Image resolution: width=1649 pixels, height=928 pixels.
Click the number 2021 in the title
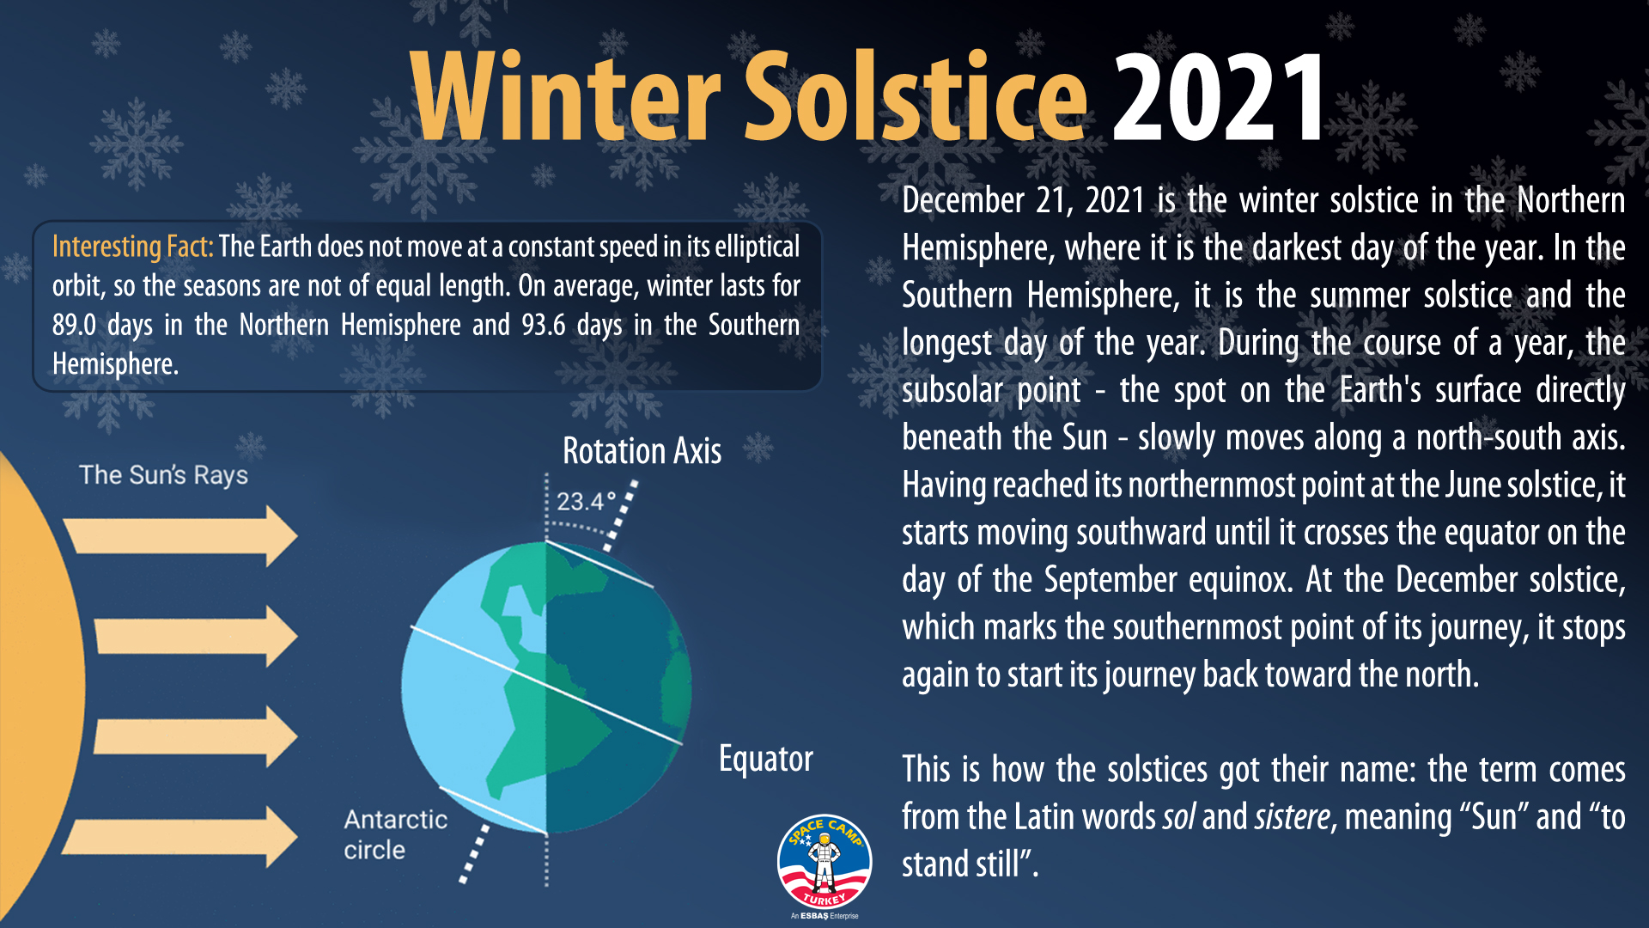1220,96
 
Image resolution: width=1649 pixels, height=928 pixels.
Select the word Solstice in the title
916,96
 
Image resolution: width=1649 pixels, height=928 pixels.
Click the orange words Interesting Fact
132,247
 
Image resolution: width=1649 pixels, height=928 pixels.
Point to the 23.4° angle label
586,501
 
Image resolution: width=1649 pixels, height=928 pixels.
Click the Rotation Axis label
642,451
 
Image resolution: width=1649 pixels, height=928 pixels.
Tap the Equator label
765,759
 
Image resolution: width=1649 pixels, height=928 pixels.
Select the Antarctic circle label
395,834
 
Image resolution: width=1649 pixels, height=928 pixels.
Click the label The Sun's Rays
163,475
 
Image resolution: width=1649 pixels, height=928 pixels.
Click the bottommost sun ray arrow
180,836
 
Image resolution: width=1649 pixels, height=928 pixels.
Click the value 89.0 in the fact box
74,325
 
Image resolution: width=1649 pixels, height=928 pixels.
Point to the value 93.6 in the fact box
543,325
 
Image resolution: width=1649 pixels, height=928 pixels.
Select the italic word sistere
1292,816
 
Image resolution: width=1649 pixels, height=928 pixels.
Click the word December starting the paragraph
963,200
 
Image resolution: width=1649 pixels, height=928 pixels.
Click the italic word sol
1177,816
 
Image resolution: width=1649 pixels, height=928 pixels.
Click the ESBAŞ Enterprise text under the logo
824,916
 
